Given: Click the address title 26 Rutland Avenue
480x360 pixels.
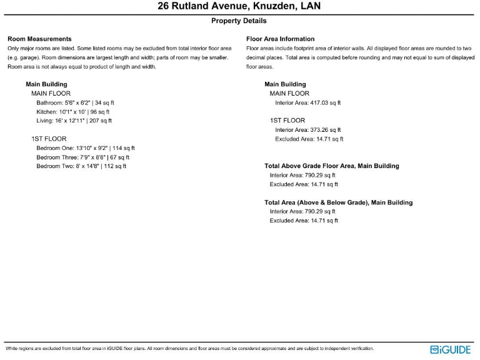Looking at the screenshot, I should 239,7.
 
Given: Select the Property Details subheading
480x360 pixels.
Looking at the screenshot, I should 239,21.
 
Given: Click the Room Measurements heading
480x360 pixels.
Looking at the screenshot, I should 39,39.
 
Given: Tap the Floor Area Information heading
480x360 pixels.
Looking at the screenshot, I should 280,39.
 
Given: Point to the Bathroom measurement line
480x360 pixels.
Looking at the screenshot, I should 75,102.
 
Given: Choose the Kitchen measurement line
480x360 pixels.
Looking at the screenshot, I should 72,111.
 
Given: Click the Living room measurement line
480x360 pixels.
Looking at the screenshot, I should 74,121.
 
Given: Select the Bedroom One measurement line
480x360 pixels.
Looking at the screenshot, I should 85,148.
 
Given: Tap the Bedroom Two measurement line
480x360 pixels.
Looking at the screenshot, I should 81,166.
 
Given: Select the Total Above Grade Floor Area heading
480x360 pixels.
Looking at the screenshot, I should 331,166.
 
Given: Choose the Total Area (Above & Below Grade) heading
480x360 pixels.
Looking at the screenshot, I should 338,202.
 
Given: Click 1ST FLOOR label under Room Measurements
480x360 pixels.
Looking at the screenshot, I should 49,139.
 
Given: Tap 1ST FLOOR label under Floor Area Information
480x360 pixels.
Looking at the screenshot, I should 287,120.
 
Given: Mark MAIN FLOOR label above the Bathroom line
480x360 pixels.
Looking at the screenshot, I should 51,93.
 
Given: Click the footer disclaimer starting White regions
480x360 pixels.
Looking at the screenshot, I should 189,348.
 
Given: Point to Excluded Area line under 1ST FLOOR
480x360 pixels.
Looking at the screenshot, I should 309,139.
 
